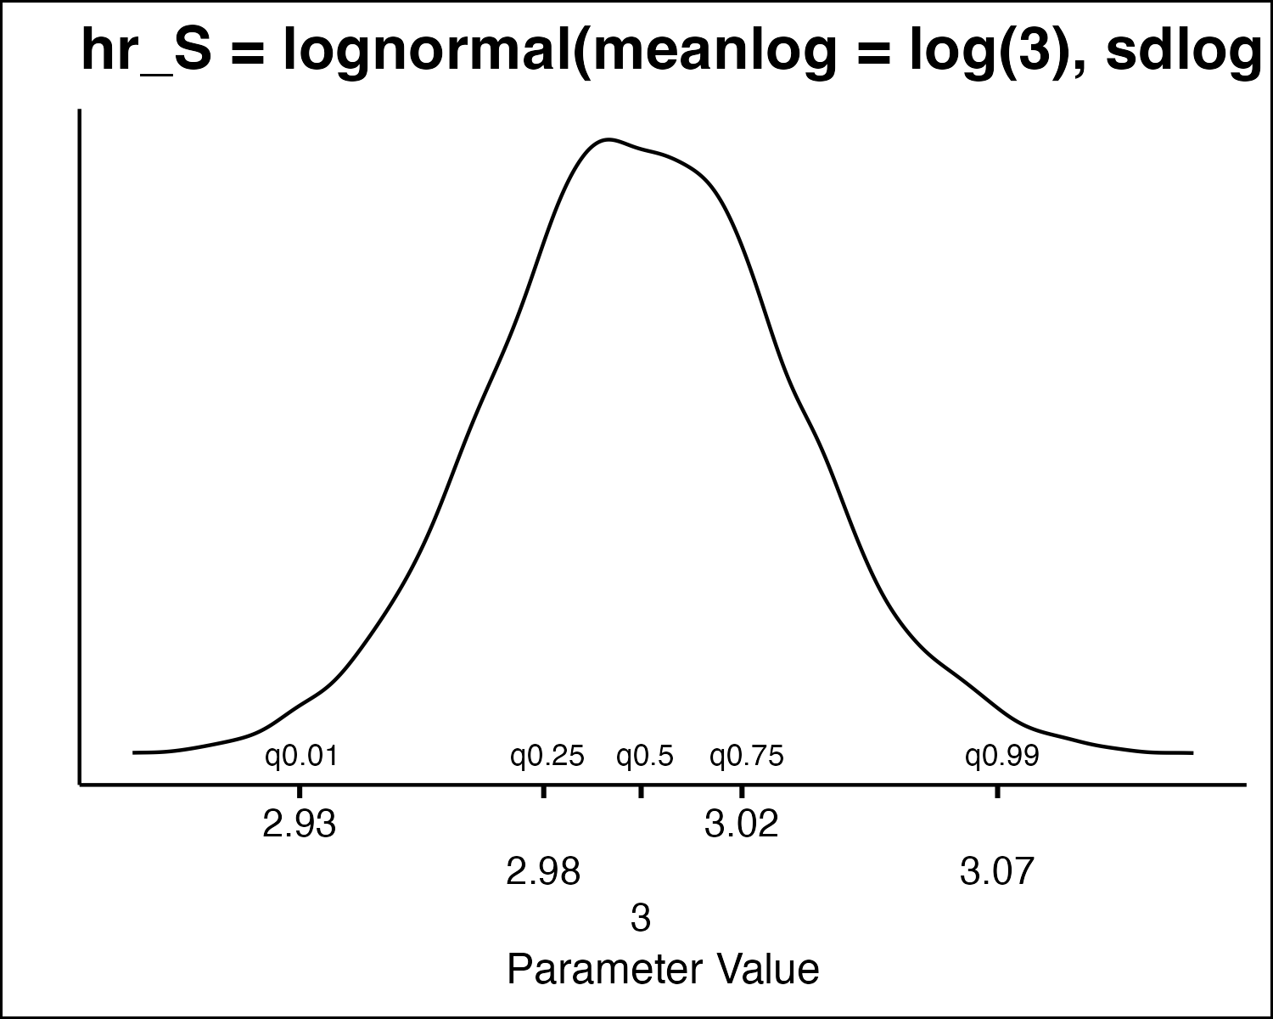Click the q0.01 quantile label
(x=301, y=755)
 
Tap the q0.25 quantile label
(x=547, y=755)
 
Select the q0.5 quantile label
(x=645, y=755)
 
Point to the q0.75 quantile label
(x=747, y=755)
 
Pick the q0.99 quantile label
(x=1002, y=755)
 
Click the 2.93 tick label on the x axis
(x=300, y=825)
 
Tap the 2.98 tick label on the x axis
(x=543, y=871)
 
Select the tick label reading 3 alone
(x=641, y=918)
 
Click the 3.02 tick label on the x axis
(x=742, y=825)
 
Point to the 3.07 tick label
(x=997, y=871)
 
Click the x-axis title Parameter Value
(x=663, y=969)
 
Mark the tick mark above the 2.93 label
(x=300, y=791)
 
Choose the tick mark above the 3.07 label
(x=997, y=791)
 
